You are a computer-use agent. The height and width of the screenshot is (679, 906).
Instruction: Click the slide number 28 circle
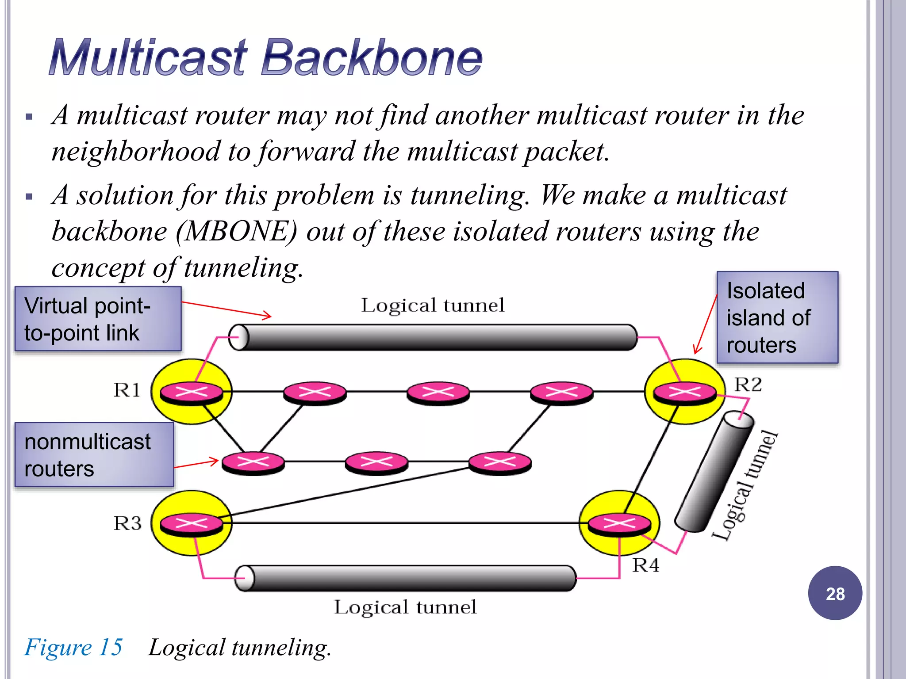tap(835, 593)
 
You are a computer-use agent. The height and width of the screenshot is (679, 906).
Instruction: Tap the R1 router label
tap(127, 390)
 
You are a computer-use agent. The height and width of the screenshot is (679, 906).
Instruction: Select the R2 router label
tap(748, 385)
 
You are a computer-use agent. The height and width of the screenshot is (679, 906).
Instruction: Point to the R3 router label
tap(127, 523)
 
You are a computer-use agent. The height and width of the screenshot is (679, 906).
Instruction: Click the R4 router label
tap(645, 565)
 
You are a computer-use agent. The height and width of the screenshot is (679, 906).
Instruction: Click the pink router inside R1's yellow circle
tap(191, 392)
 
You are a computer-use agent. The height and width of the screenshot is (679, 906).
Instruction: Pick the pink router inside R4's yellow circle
tap(619, 524)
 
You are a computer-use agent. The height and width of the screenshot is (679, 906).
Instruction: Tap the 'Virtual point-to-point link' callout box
tap(98, 319)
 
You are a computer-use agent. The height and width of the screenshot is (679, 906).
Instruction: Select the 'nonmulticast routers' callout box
tap(94, 454)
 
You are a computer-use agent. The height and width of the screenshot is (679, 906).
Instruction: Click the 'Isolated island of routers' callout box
tap(777, 317)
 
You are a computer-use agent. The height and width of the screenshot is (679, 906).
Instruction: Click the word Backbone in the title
tap(372, 57)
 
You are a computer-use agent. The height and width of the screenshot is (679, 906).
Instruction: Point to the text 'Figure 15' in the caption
tap(73, 647)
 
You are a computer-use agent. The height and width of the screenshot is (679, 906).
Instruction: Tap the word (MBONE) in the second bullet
tap(237, 231)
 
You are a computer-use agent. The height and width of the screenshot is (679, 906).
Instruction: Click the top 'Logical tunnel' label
tap(432, 305)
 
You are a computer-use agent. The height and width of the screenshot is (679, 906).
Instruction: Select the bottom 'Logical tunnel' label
tap(405, 607)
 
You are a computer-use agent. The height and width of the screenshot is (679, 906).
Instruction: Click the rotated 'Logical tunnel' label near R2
tap(745, 485)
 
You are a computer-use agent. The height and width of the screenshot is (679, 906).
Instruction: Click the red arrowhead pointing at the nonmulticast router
tap(215, 461)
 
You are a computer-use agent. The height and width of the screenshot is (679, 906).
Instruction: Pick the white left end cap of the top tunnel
tap(239, 337)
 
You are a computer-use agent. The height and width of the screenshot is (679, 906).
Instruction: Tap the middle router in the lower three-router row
tap(376, 462)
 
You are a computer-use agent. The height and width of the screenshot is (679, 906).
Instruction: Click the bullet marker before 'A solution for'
tap(29, 197)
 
